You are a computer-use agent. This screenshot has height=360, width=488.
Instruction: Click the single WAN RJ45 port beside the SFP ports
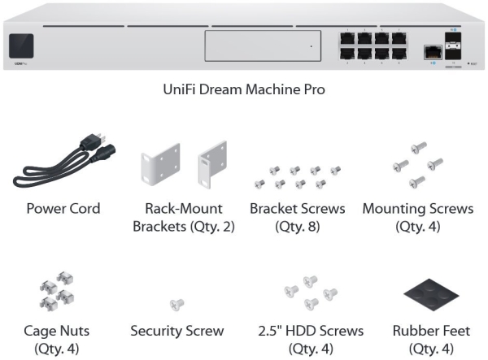tap(429, 52)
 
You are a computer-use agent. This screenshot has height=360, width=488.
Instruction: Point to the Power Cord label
tap(63, 209)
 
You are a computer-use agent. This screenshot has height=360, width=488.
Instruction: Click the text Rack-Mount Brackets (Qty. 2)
tap(184, 217)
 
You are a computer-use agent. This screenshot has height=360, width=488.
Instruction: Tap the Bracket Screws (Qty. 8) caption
tap(298, 217)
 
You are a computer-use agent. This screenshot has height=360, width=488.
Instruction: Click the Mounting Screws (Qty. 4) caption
tap(417, 217)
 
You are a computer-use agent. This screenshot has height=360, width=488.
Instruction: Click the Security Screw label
tap(177, 331)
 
